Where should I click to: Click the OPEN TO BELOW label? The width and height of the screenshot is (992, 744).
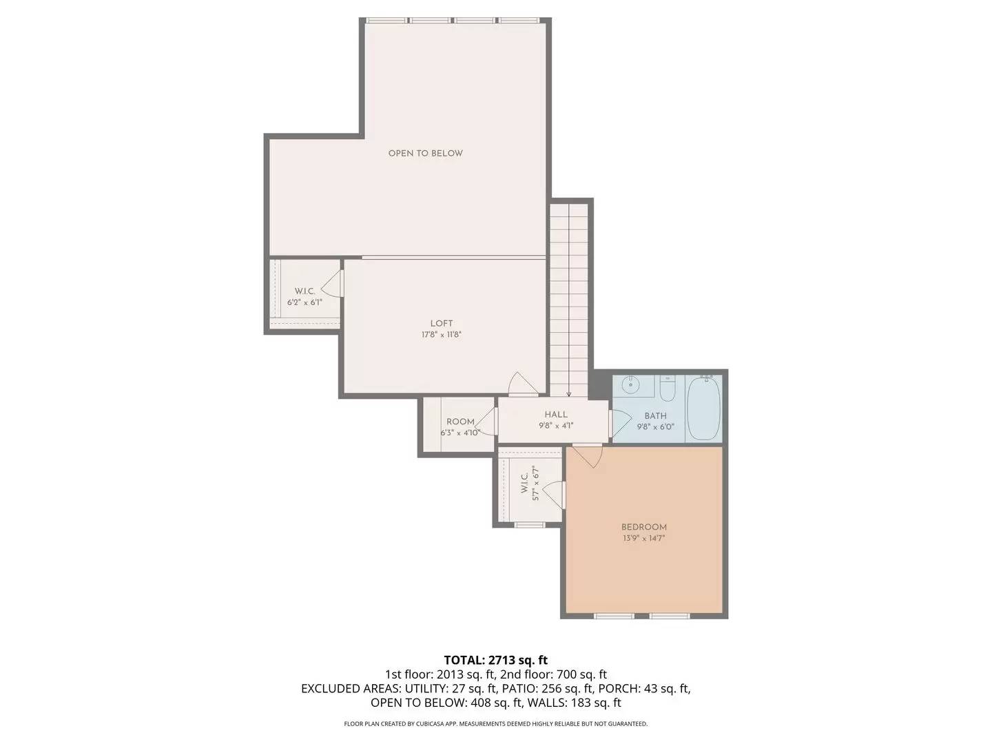pos(425,153)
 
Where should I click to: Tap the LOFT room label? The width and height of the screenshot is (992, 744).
pos(442,323)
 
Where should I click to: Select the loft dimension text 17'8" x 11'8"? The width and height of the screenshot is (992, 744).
pos(442,335)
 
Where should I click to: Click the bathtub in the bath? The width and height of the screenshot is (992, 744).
pos(703,408)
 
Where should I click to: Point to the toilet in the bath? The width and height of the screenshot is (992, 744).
pos(667,390)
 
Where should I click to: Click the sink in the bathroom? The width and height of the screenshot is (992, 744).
pos(631,385)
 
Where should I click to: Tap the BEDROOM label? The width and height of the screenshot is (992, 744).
pos(643,527)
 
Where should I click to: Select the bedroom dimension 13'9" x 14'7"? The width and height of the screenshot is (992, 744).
pos(643,539)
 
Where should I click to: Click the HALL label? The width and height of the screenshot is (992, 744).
pos(556,414)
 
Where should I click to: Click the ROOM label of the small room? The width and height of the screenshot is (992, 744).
pos(460,422)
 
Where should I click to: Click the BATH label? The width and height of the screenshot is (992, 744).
pos(655,415)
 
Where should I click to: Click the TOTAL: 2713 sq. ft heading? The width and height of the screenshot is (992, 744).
pos(495,660)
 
